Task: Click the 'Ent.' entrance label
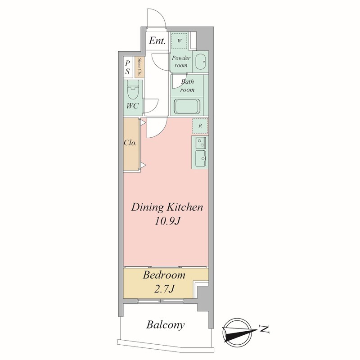(x=157, y=40)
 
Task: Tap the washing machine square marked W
(x=179, y=40)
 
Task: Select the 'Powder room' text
(x=181, y=61)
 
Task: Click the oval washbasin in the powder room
(x=200, y=62)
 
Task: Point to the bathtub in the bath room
(x=187, y=106)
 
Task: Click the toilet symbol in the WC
(x=133, y=90)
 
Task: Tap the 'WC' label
(x=132, y=106)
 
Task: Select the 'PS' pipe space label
(x=127, y=67)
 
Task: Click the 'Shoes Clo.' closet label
(x=139, y=67)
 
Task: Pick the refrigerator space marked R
(x=200, y=126)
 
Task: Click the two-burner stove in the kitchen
(x=201, y=142)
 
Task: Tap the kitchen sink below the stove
(x=201, y=159)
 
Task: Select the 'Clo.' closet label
(x=130, y=143)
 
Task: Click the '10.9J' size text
(x=166, y=221)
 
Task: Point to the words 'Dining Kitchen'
(x=167, y=207)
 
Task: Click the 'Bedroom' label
(x=164, y=275)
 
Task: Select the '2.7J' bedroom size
(x=164, y=289)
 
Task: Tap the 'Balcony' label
(x=165, y=325)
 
